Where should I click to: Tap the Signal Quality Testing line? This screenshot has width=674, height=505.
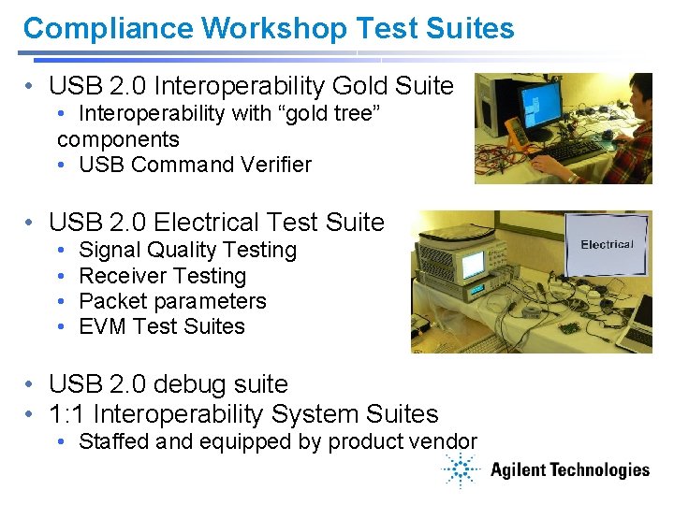pos(187,251)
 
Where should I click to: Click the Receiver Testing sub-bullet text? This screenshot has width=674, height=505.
pos(162,276)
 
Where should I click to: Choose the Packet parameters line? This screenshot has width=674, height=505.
pos(172,301)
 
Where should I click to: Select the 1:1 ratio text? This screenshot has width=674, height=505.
pos(67,414)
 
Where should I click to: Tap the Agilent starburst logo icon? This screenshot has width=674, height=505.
pos(461,470)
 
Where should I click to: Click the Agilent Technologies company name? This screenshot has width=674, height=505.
pos(569,470)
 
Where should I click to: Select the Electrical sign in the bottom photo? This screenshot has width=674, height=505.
pos(607,245)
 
